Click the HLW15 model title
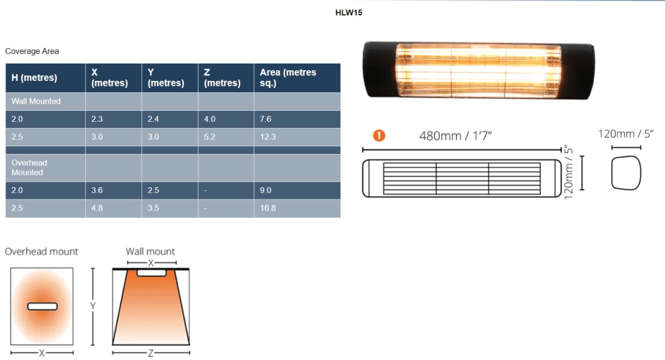pos(349,12)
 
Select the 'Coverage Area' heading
pos(32,52)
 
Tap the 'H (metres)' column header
pos(34,78)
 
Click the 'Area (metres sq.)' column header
pos(288,78)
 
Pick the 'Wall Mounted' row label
pos(36,101)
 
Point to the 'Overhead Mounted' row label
pos(29,168)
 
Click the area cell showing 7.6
pos(265,120)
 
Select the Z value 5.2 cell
pos(209,137)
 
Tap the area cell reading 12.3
pos(268,137)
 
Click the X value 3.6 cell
pos(97,191)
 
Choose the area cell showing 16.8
pos(268,208)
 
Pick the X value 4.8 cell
pos(97,208)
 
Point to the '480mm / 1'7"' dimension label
pos(456,136)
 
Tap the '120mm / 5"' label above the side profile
pos(626,133)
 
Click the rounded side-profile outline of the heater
pos(626,173)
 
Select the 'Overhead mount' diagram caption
pos(42,251)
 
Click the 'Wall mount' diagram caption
pos(150,251)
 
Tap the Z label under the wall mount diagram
pos(151,353)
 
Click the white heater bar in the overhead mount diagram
pos(42,306)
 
